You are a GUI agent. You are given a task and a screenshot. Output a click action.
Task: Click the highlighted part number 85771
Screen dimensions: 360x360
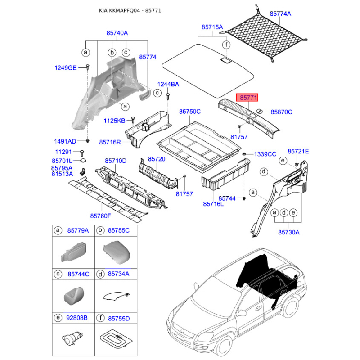coord(248,98)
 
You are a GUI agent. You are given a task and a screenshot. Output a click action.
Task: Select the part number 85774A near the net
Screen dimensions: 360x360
coord(280,14)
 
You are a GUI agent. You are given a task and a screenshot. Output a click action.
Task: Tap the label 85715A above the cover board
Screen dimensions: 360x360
coord(212,27)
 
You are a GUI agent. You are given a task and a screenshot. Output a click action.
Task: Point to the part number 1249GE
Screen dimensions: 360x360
coord(66,67)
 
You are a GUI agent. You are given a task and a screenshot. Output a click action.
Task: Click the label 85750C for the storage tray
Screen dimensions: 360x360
coord(190,111)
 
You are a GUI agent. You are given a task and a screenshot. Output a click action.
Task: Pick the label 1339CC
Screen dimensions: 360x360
coord(265,154)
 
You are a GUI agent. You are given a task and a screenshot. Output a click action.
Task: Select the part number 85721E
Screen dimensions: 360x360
coord(298,152)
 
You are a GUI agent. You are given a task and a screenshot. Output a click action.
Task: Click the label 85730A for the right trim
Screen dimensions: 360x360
coord(288,232)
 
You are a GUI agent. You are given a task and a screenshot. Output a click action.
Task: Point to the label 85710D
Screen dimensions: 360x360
coord(116,161)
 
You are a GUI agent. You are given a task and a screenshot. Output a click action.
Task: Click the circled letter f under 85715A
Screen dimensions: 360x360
coord(227,45)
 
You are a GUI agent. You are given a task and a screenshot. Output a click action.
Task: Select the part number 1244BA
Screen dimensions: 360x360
coord(168,84)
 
